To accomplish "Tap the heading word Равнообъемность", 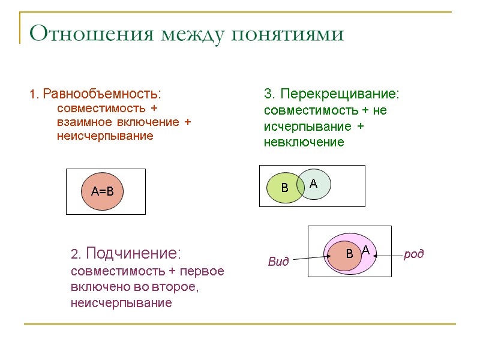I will click(x=102, y=95).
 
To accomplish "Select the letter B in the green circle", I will click(x=285, y=188).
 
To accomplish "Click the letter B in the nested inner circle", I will click(x=349, y=254).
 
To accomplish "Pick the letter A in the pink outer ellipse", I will click(x=365, y=249).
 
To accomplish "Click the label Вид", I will click(x=278, y=262).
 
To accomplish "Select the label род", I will click(x=414, y=254).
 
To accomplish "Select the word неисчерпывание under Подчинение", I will click(x=121, y=303).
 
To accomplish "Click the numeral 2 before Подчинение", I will click(x=74, y=254).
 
